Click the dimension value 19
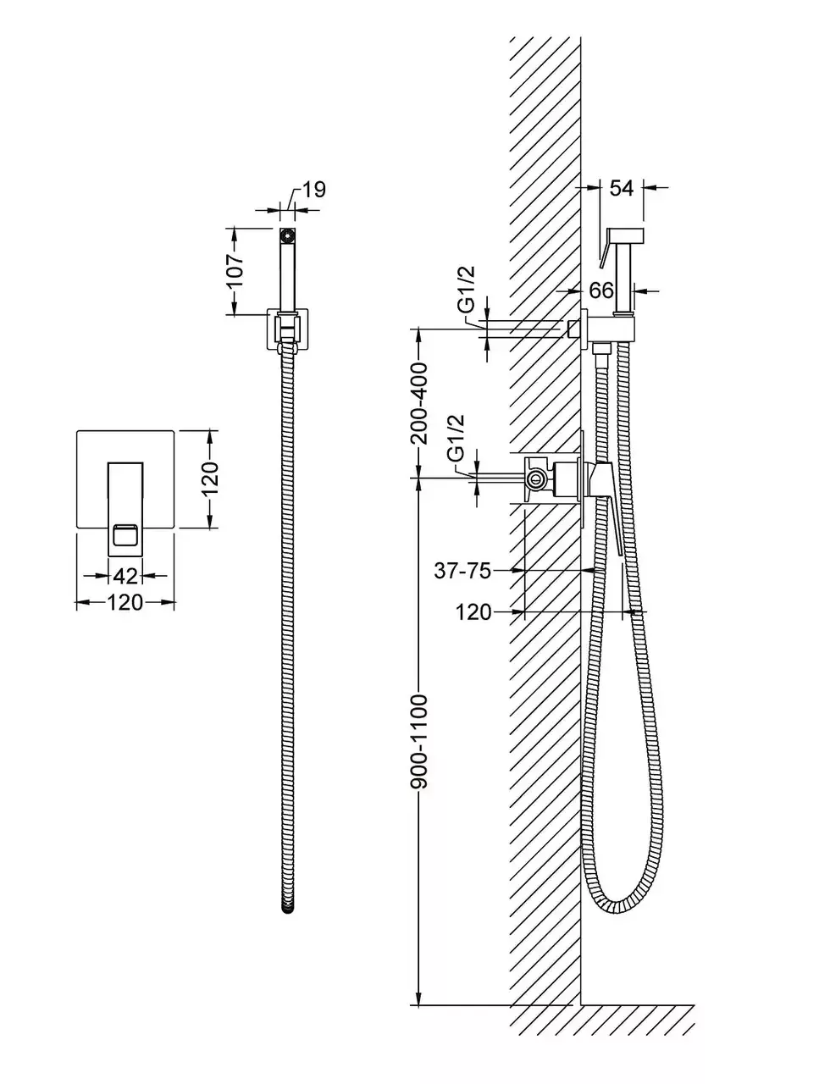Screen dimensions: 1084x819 pyautogui.click(x=313, y=190)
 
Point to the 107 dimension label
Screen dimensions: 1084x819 pyautogui.click(x=236, y=271)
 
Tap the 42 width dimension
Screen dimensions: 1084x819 pyautogui.click(x=125, y=576)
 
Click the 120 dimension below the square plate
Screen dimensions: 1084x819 pyautogui.click(x=125, y=603)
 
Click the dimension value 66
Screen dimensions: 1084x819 pyautogui.click(x=601, y=290)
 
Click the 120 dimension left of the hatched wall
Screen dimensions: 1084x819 pyautogui.click(x=473, y=611)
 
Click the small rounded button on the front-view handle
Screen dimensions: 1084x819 pyautogui.click(x=126, y=535)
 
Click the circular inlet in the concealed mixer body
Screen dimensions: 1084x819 pyautogui.click(x=535, y=480)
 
